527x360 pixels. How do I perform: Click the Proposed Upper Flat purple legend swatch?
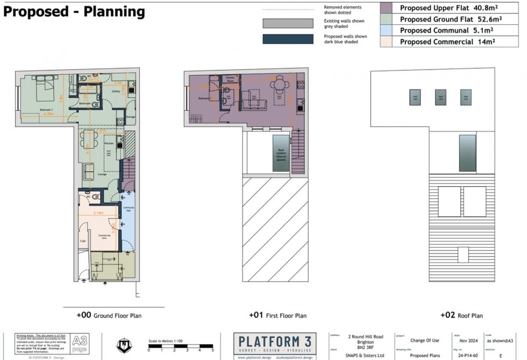pos(386,8)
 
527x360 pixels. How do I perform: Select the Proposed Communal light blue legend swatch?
pos(386,31)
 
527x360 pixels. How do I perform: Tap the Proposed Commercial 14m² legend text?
pos(447,41)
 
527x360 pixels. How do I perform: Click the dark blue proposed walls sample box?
pos(287,39)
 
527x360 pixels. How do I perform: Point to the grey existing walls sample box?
pos(287,23)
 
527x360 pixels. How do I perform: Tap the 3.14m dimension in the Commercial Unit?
pos(98,213)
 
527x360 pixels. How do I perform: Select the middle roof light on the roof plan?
pos(440,97)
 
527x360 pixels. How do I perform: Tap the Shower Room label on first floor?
pos(232,78)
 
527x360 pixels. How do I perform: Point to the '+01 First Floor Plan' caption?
pos(277,315)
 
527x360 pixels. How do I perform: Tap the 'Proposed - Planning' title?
pos(75,11)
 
